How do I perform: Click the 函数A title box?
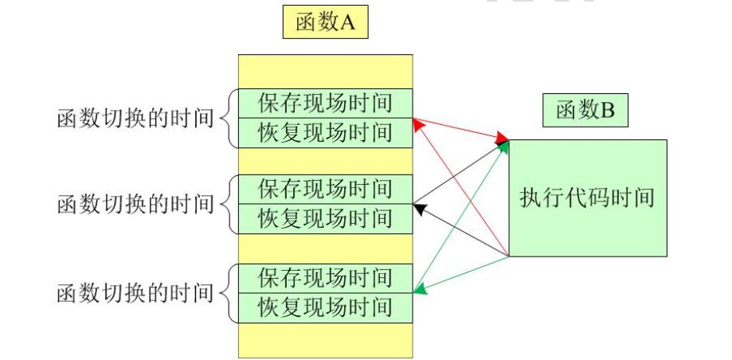[325, 22]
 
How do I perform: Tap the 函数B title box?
[585, 111]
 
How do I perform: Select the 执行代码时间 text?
[587, 198]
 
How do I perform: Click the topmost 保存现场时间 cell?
[326, 104]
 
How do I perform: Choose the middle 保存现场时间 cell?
[326, 190]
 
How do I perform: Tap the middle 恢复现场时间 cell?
[326, 218]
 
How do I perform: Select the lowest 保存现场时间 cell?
[326, 278]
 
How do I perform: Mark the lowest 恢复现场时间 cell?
[326, 307]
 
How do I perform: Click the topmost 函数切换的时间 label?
[135, 119]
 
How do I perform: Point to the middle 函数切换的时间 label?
[135, 204]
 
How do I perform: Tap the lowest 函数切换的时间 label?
[135, 292]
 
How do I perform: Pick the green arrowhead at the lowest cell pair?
[420, 290]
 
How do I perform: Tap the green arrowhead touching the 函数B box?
[504, 147]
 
